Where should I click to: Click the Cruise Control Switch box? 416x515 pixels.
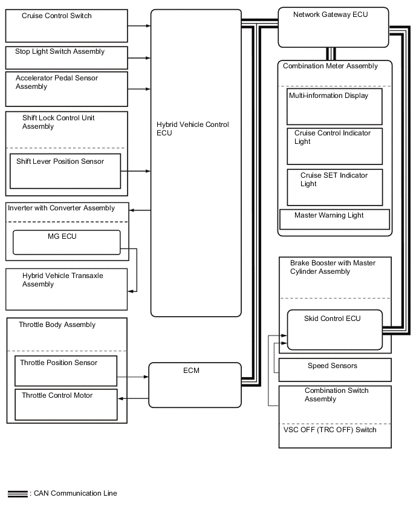tap(67, 25)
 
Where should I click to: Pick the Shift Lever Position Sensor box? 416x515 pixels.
tap(65, 170)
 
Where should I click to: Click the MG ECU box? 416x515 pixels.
tap(67, 242)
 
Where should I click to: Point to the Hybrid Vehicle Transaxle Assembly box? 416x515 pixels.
tap(67, 289)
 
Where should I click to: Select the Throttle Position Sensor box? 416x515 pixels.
tap(65, 370)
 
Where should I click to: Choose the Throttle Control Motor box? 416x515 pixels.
tap(65, 404)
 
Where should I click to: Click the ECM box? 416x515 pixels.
tap(195, 384)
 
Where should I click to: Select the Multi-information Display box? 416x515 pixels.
tap(334, 106)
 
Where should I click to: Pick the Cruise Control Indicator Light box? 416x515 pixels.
tap(334, 146)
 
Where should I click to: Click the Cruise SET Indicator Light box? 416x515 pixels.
tap(334, 187)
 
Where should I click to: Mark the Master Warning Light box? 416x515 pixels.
tap(334, 219)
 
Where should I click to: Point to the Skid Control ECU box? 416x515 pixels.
tap(334, 329)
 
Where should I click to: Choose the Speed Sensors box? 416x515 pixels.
tap(334, 369)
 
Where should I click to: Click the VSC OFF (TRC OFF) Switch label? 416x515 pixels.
tap(330, 430)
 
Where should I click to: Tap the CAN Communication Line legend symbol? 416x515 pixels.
tap(18, 494)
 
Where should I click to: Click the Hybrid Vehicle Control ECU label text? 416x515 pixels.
tap(192, 129)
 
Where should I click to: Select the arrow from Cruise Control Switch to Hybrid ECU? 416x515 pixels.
tap(139, 25)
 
